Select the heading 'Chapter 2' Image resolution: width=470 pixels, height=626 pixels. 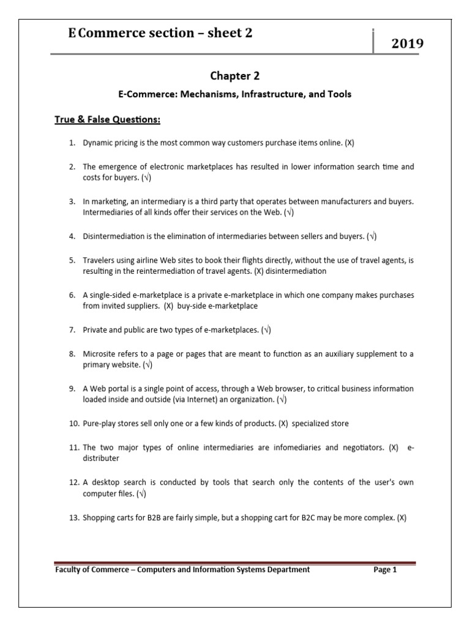pyautogui.click(x=234, y=75)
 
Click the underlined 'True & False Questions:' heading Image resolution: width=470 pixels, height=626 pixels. pyautogui.click(x=107, y=119)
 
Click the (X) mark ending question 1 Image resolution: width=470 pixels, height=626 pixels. pyautogui.click(x=349, y=142)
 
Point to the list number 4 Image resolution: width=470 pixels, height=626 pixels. pyautogui.click(x=72, y=236)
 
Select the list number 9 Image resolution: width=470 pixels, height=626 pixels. pyautogui.click(x=72, y=389)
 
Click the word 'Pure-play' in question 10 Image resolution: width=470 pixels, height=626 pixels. pyautogui.click(x=100, y=424)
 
